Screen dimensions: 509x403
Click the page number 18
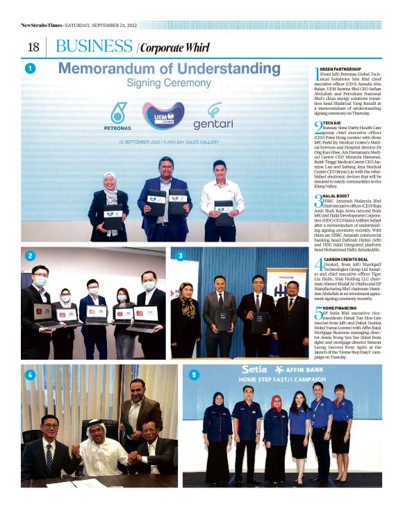[32, 47]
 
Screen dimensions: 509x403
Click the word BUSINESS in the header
[94, 47]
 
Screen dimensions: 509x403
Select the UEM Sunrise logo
[163, 114]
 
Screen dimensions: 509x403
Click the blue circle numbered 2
[31, 256]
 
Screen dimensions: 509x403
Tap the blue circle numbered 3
[181, 256]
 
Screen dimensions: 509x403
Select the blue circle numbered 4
[31, 374]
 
